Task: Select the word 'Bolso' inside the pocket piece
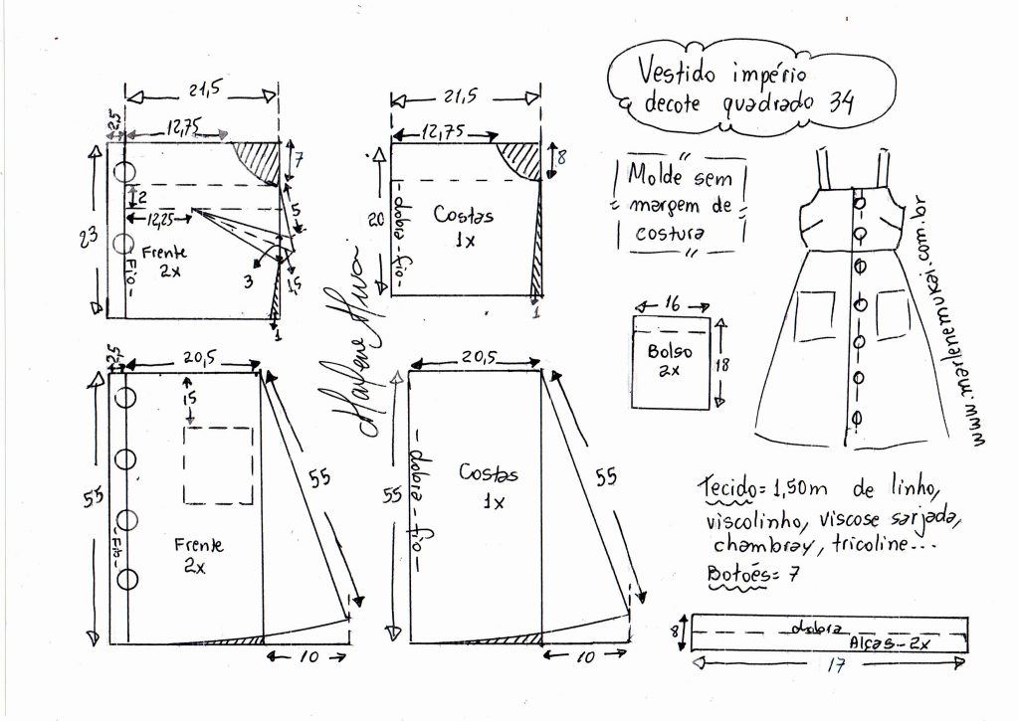click(669, 351)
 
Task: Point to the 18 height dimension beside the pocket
click(723, 364)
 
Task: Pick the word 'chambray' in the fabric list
click(750, 545)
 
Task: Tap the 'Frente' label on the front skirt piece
click(199, 545)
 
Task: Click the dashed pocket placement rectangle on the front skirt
click(218, 464)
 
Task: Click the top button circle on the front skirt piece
click(125, 398)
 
